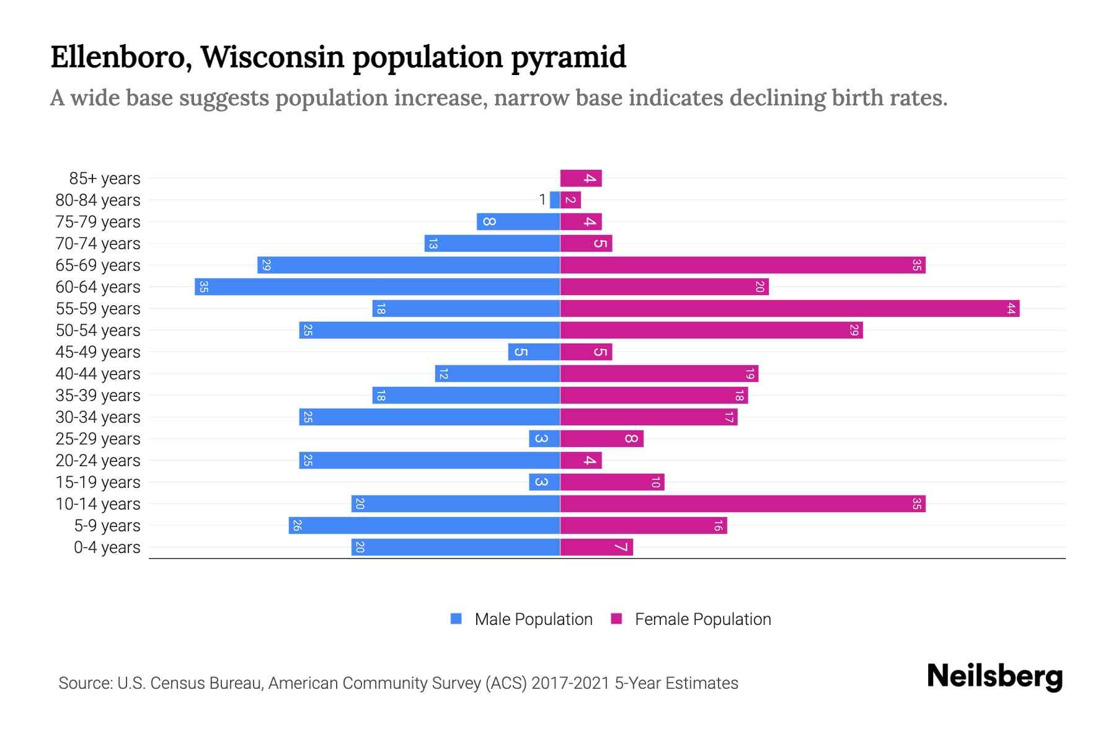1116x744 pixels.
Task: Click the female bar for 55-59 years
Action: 789,309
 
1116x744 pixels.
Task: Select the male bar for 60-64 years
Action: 377,287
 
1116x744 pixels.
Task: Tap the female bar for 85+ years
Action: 580,179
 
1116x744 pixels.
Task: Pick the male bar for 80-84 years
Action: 555,200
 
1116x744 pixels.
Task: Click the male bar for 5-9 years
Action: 424,526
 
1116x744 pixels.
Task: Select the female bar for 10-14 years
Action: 742,504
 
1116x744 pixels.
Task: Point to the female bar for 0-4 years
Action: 596,547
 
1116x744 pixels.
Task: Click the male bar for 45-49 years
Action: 534,352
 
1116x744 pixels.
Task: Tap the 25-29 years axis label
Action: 98,439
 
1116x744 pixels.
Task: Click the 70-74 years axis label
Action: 98,244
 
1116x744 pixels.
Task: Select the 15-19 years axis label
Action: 98,482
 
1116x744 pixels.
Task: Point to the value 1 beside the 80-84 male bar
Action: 542,200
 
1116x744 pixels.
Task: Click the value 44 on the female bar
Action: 1011,309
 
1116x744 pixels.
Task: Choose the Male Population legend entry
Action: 533,619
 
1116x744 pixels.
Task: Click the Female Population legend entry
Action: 702,619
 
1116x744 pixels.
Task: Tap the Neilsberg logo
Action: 994,676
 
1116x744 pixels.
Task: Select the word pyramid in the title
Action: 568,57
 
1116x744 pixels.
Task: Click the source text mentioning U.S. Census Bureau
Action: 398,683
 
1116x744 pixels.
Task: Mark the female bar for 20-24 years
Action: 580,461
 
